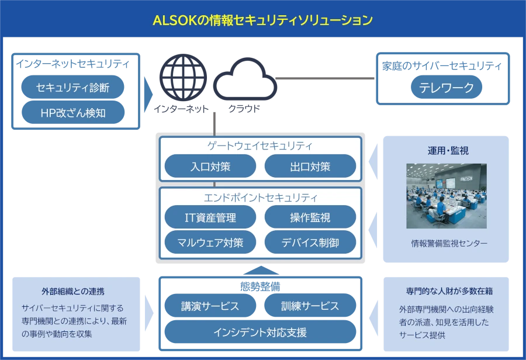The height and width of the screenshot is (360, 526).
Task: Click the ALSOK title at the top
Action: pyautogui.click(x=262, y=20)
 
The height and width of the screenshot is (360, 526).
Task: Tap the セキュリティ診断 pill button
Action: pyautogui.click(x=72, y=88)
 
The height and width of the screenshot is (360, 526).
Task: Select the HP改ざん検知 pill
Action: pyautogui.click(x=72, y=113)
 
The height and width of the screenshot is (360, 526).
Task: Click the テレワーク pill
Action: pyautogui.click(x=447, y=88)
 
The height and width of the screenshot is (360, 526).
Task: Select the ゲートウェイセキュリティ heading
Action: pyautogui.click(x=260, y=146)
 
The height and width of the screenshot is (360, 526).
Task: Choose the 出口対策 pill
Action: pyautogui.click(x=310, y=166)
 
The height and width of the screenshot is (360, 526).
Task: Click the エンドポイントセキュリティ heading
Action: pyautogui.click(x=260, y=197)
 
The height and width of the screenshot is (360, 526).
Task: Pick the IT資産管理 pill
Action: pyautogui.click(x=210, y=217)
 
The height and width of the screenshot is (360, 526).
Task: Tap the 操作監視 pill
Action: pyautogui.click(x=310, y=217)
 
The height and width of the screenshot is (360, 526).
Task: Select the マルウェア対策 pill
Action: pyautogui.click(x=210, y=241)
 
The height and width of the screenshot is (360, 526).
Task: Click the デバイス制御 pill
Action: pyautogui.click(x=310, y=241)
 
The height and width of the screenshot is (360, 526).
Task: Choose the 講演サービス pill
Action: pyautogui.click(x=210, y=306)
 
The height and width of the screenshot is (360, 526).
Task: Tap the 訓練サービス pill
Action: pyautogui.click(x=310, y=306)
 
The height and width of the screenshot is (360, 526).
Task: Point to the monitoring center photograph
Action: pyautogui.click(x=446, y=195)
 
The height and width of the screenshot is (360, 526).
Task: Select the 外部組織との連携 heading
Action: pyautogui.click(x=73, y=290)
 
